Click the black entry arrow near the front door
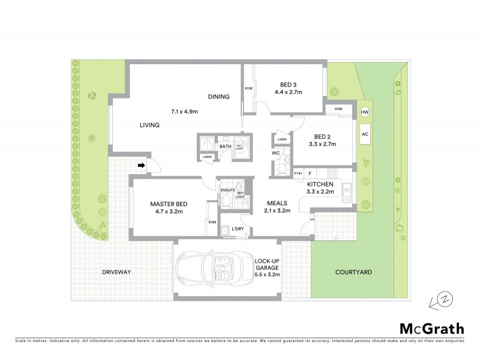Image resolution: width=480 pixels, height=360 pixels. [142, 165]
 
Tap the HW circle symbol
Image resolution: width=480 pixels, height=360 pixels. [364, 113]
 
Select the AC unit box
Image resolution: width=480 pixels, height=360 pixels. [364, 134]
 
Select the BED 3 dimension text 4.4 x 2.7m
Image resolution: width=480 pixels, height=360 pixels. [289, 92]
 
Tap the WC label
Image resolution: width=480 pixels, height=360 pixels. [276, 152]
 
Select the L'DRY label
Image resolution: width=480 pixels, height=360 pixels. [237, 229]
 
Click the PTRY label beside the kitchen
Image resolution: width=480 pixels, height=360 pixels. [298, 173]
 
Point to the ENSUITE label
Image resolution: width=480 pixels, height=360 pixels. [227, 190]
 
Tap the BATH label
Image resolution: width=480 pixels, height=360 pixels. [226, 146]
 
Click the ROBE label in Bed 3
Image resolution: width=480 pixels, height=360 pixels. [248, 89]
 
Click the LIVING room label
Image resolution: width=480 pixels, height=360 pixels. [149, 125]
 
